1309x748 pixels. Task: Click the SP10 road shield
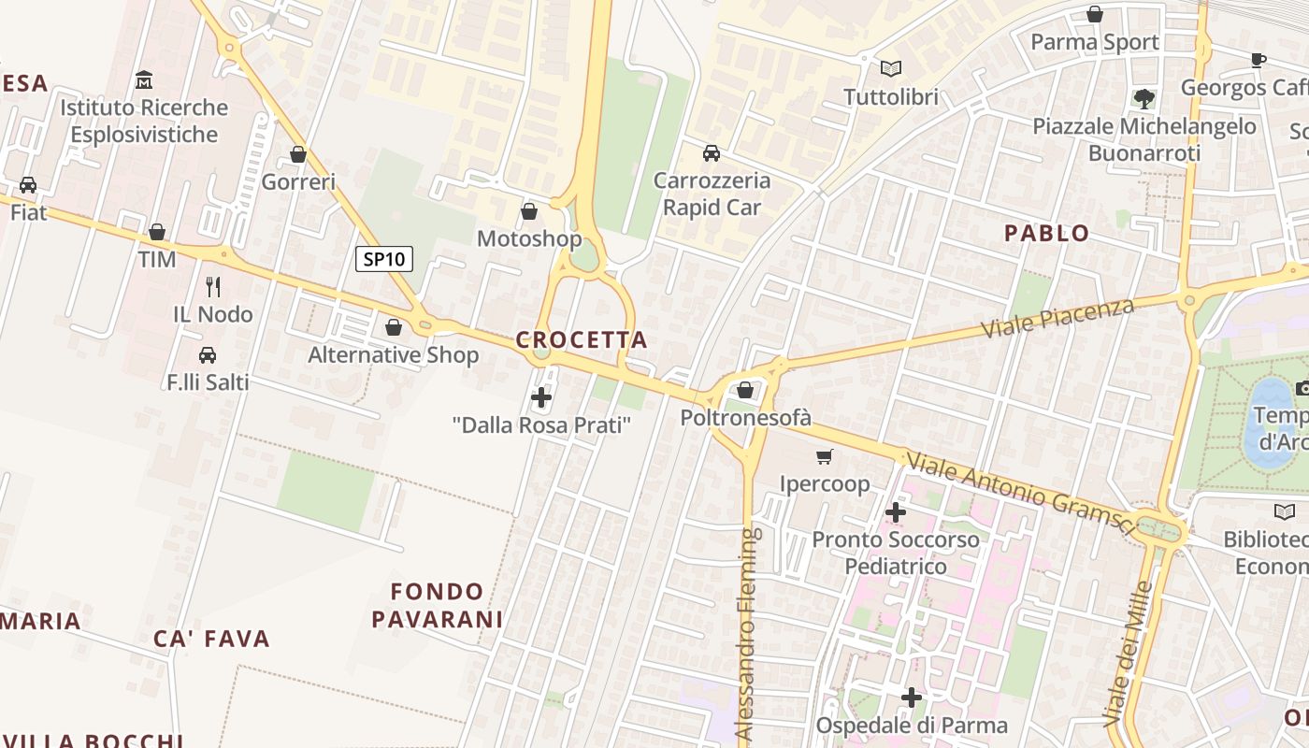click(x=384, y=259)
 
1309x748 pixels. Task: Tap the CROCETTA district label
click(x=582, y=340)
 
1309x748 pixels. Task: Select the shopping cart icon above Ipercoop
click(x=824, y=456)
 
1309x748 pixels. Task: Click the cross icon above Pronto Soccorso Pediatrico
click(x=896, y=511)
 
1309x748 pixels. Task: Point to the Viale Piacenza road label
click(x=1057, y=319)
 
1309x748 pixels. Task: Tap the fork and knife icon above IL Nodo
click(x=213, y=286)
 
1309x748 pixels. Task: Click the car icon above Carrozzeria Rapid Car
click(x=712, y=152)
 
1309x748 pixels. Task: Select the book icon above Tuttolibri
click(x=891, y=68)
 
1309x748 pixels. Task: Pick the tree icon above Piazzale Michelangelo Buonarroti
click(x=1144, y=98)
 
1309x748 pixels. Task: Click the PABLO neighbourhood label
click(x=1046, y=234)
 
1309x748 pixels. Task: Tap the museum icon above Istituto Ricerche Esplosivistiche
click(x=144, y=79)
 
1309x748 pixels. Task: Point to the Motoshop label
click(x=529, y=238)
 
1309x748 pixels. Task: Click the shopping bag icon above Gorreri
click(x=298, y=154)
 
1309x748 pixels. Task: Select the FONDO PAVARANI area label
click(x=438, y=605)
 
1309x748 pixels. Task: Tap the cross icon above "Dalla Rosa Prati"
click(x=541, y=398)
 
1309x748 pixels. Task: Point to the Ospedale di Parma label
click(x=912, y=726)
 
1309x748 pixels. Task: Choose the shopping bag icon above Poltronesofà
click(x=745, y=389)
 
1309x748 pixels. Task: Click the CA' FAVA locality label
click(x=212, y=640)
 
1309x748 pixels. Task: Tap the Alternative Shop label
click(x=394, y=355)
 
